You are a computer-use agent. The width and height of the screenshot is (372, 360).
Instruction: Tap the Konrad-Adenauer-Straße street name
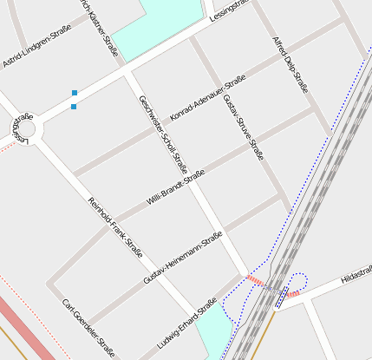pos(208,97)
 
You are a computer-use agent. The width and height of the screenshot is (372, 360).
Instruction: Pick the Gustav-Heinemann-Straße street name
pos(183,258)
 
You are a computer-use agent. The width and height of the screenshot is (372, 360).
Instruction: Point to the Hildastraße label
pos(356,275)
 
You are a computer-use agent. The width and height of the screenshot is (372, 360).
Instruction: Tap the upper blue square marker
pos(75,92)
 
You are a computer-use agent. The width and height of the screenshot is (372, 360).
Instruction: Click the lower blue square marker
pos(74,107)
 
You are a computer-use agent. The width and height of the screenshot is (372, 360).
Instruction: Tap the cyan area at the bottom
pos(214,334)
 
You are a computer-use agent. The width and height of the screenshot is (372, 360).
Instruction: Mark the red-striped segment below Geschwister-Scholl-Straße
pos(255,278)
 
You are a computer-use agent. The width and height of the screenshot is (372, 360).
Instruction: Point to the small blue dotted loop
pos(298,281)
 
